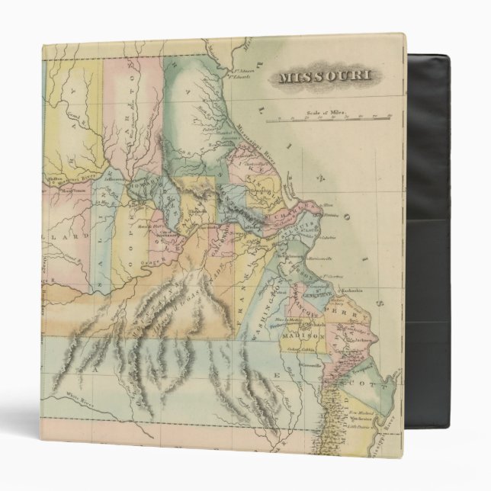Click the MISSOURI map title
(x=325, y=77)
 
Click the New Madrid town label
(x=362, y=412)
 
